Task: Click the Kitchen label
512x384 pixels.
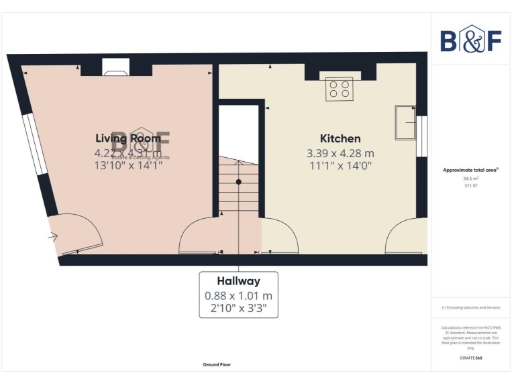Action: coord(340,138)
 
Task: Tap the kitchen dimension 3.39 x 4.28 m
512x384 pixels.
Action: coord(340,153)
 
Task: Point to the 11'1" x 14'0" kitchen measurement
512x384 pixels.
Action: coord(340,166)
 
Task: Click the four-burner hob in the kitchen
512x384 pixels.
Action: coord(339,88)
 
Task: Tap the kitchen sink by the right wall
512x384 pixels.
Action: coord(405,122)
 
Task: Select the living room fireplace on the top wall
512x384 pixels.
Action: coord(119,69)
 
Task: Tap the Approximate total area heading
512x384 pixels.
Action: coord(471,170)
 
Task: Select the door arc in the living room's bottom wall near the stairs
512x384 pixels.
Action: coord(199,237)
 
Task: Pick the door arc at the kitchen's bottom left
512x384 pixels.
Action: coord(279,238)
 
